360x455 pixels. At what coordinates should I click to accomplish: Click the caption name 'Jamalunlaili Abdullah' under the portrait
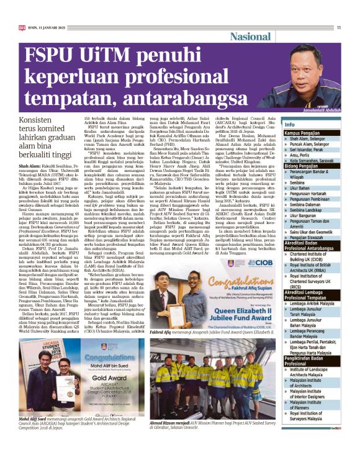(316, 106)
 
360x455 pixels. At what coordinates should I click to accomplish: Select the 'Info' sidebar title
(290, 125)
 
